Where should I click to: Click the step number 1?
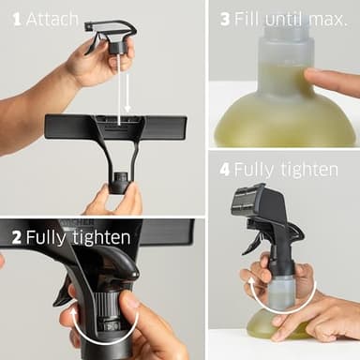tap(18, 19)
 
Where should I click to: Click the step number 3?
tap(224, 19)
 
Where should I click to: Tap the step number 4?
tap(224, 170)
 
